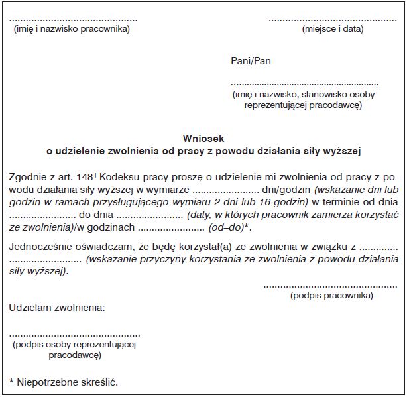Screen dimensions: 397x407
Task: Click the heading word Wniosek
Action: (203, 139)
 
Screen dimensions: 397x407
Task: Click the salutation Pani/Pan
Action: (251, 61)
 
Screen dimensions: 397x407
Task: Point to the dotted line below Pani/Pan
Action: (304, 85)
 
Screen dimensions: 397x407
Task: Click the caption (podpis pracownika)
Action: (331, 295)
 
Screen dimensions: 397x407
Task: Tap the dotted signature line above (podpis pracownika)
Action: (330, 286)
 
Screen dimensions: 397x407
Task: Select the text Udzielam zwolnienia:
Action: (57, 308)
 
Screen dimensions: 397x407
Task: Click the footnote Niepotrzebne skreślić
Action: (67, 382)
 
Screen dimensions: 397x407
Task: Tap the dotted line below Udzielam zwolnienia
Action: (74, 335)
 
